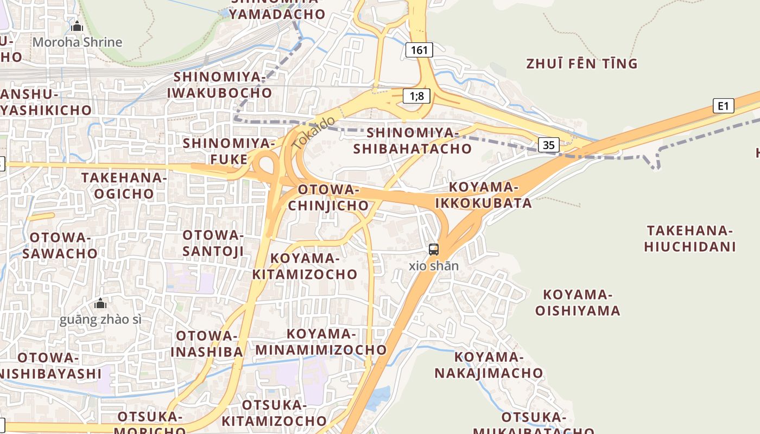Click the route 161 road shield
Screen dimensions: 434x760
[x=419, y=50]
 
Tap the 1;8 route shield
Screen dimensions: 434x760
[x=417, y=97]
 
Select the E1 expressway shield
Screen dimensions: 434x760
[x=723, y=106]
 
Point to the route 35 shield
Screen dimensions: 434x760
[x=549, y=145]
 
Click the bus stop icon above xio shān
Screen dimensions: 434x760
[x=433, y=250]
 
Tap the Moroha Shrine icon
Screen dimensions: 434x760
[x=77, y=26]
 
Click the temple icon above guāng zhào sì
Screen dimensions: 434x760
[x=100, y=303]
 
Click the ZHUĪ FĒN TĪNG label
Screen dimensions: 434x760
[x=581, y=64]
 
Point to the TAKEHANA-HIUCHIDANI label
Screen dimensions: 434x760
[x=689, y=239]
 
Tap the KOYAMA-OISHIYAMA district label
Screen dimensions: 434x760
[x=578, y=303]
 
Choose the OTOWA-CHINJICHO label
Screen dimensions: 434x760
[x=328, y=197]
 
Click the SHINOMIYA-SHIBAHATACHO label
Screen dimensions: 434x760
[x=413, y=141]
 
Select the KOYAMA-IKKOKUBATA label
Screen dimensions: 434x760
[x=483, y=195]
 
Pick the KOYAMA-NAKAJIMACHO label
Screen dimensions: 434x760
[x=488, y=365]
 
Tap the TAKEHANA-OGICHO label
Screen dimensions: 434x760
[x=124, y=186]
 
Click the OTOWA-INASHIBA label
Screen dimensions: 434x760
[x=207, y=343]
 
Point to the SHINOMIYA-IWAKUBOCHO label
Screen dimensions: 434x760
[x=219, y=85]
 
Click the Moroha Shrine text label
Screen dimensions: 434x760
[x=78, y=42]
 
